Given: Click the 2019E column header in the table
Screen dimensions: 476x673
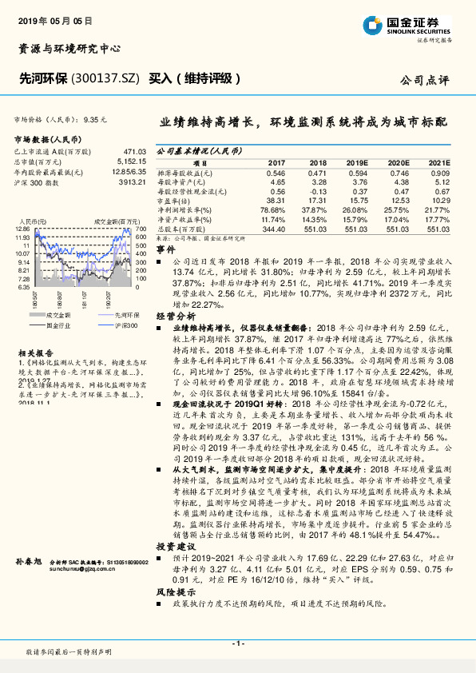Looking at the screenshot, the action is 356,161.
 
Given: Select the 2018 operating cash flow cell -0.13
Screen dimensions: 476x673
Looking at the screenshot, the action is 317,191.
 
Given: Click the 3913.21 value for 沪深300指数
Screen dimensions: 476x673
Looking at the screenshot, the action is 132,182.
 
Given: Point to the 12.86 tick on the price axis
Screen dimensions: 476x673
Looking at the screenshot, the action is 22,229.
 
